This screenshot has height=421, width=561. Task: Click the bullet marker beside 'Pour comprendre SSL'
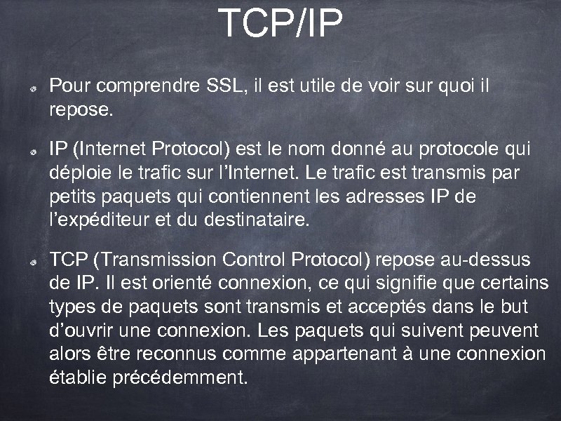[x=33, y=90]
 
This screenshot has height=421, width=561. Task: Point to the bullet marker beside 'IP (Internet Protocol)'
[x=33, y=152]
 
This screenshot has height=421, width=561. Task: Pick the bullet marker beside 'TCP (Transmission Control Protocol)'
[x=33, y=262]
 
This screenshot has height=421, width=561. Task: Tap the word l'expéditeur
[x=105, y=220]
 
